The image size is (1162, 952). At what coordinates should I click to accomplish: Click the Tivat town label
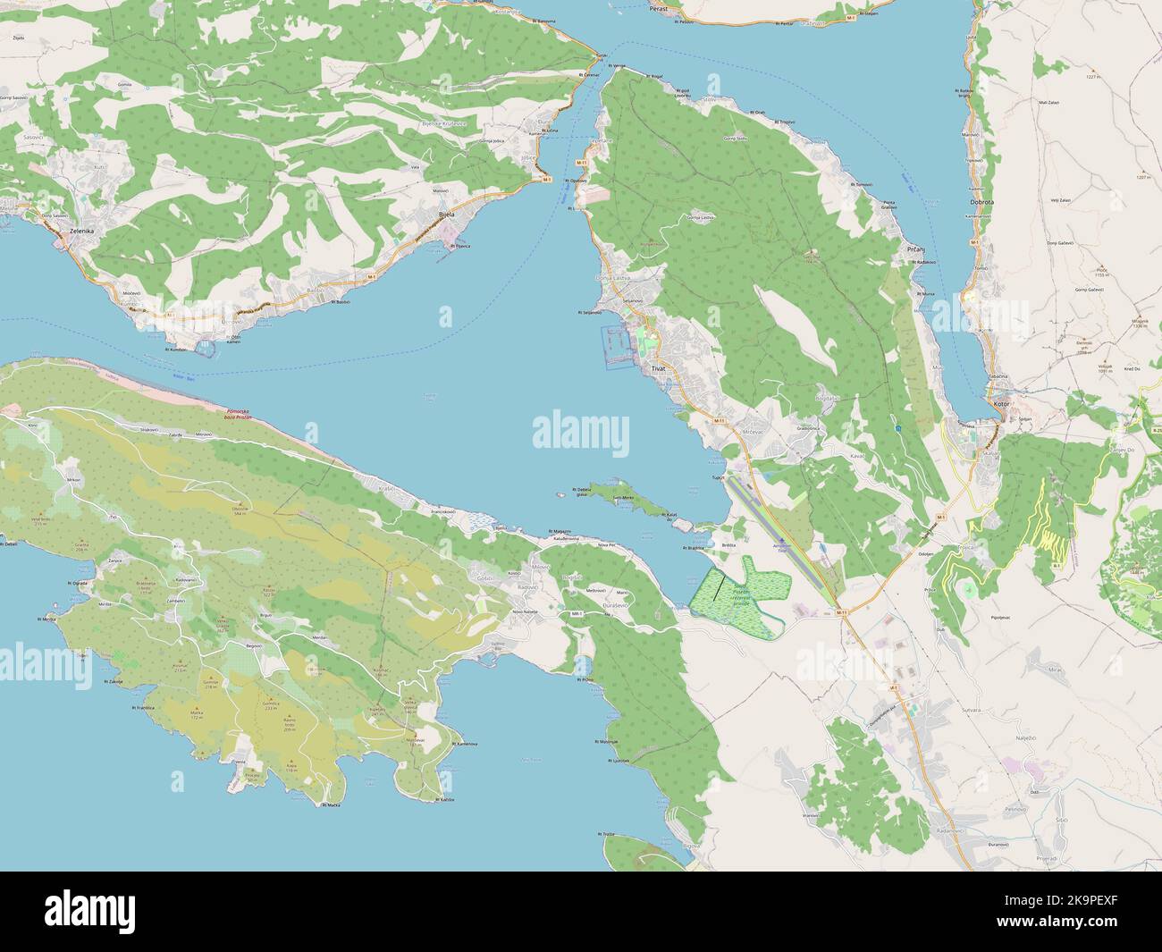click(659, 368)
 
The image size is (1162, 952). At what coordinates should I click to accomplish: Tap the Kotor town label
click(1000, 404)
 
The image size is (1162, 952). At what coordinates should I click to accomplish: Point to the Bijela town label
click(446, 215)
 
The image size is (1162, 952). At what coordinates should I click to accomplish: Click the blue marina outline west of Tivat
click(615, 347)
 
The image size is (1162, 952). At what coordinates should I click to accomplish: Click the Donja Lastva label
click(613, 278)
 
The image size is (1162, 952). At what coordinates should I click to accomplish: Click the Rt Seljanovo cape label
click(590, 313)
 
